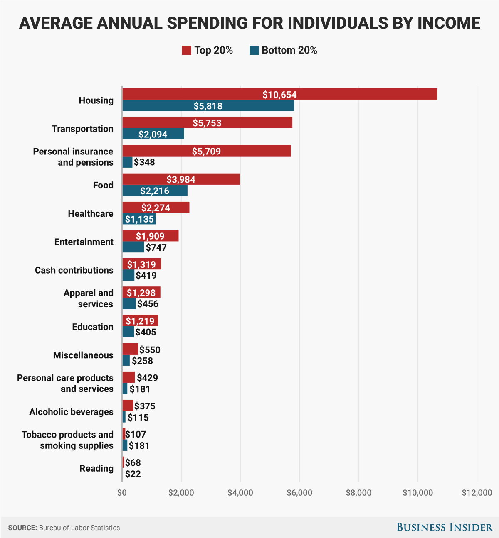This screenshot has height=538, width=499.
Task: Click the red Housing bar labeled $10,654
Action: click(279, 94)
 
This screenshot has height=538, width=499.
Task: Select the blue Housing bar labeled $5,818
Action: click(208, 106)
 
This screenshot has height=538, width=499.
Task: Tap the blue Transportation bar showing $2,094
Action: click(153, 134)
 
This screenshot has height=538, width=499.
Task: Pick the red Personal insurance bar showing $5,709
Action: click(206, 151)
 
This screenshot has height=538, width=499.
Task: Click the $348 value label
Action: click(144, 162)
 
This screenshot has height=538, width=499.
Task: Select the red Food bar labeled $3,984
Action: click(181, 179)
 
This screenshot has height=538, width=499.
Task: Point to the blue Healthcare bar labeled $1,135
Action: click(139, 219)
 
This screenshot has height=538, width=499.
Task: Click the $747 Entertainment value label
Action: click(156, 247)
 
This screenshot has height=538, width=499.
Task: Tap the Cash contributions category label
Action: click(74, 270)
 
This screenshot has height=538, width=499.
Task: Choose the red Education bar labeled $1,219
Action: click(140, 321)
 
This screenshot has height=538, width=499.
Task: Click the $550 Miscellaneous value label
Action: click(150, 350)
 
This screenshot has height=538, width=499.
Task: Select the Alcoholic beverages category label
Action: click(71, 412)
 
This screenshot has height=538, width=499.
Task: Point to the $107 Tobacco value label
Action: click(136, 434)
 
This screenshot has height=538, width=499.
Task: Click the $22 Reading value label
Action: click(133, 474)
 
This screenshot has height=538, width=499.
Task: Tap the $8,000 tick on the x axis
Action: click(358, 493)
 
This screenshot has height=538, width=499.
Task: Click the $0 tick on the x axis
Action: click(122, 493)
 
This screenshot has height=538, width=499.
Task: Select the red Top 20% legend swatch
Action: click(186, 51)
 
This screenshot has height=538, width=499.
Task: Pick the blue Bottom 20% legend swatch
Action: click(254, 51)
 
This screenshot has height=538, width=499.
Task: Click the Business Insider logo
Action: click(444, 527)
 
